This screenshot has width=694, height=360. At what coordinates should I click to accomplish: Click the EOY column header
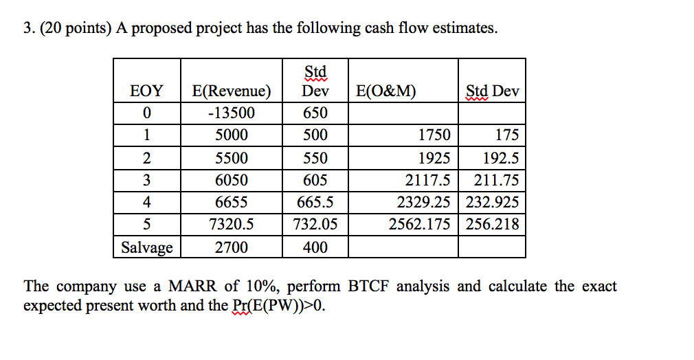147,91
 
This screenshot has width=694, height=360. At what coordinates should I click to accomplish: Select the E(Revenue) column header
232,91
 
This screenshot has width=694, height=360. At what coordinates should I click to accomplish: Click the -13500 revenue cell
232,113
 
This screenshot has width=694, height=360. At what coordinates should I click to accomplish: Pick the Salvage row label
147,247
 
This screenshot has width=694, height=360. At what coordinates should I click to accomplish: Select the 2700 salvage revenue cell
232,247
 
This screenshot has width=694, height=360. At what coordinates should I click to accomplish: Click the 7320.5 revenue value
232,225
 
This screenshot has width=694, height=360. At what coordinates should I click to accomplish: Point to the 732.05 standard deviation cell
315,225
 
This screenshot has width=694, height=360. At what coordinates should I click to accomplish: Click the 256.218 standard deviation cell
493,225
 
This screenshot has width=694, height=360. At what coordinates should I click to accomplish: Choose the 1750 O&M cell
434,135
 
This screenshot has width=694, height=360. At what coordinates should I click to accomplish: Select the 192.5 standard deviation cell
500,158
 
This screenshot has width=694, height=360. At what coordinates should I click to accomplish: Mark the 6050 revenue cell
232,180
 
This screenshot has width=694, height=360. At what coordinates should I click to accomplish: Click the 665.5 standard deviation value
315,203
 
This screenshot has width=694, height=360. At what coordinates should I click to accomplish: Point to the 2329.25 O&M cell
424,203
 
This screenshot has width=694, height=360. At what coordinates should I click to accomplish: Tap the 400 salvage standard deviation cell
315,247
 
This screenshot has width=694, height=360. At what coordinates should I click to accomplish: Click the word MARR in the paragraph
193,286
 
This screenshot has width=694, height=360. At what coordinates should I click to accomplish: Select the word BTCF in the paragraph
372,286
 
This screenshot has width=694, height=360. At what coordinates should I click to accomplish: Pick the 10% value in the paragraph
256,286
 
